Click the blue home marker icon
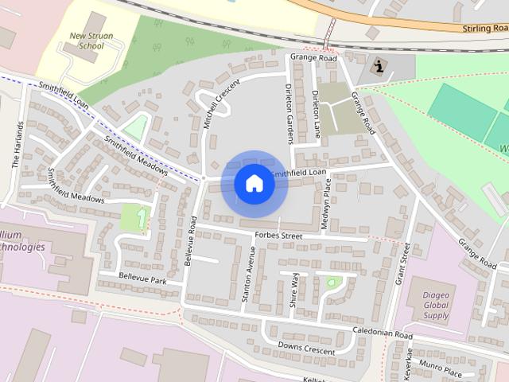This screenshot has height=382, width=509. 254,184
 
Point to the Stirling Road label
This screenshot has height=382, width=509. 484,28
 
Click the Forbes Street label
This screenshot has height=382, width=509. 279,236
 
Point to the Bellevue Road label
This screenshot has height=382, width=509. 190,240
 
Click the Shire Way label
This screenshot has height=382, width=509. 294,290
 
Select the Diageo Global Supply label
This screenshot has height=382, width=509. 436,303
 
